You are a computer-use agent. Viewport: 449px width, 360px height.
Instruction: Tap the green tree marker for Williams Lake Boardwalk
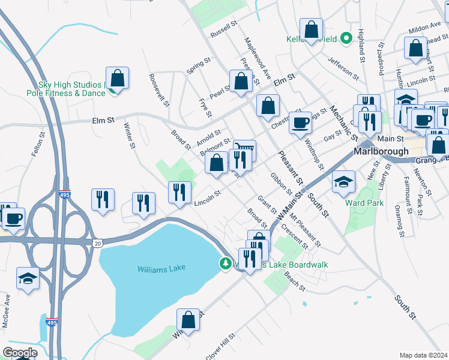pyautogui.click(x=226, y=263)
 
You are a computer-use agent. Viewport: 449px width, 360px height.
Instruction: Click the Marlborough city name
pyautogui.click(x=381, y=151)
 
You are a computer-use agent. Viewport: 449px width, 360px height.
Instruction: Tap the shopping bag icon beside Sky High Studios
pyautogui.click(x=117, y=79)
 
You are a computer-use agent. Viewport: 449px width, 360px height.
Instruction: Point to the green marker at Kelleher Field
pyautogui.click(x=346, y=39)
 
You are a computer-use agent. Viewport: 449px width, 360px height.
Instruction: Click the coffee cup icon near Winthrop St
pyautogui.click(x=301, y=123)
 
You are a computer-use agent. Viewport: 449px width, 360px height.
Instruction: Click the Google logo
pyautogui.click(x=20, y=353)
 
